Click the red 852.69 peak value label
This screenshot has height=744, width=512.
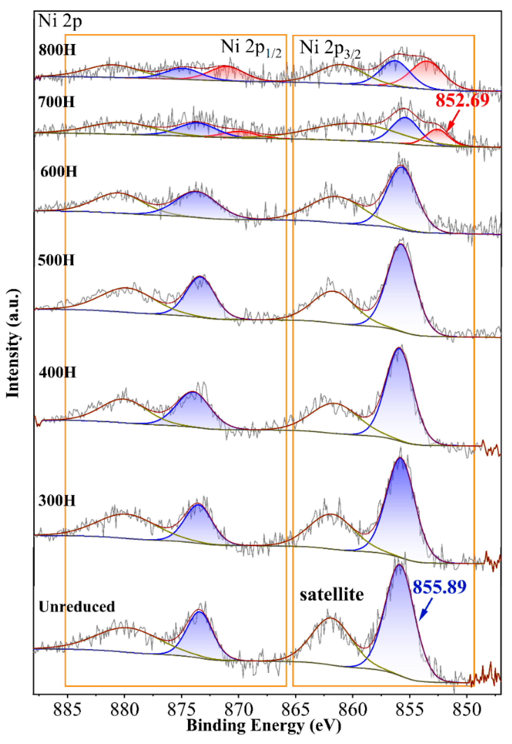pos(462,100)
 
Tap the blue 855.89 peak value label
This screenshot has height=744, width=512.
pos(439,587)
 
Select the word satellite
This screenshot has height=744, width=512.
pos(332,594)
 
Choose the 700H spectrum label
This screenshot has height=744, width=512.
pos(56,102)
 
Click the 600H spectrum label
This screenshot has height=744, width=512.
pos(59,172)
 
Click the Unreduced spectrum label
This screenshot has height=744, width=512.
pos(77,607)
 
